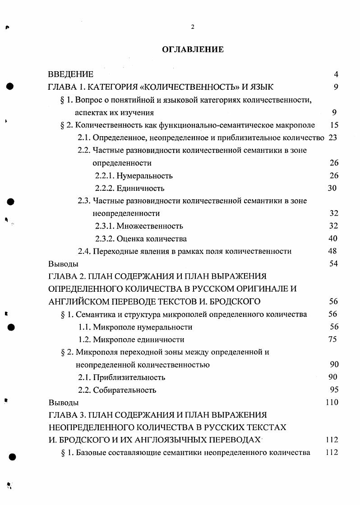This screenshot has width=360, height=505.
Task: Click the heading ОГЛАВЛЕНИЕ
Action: [193, 50]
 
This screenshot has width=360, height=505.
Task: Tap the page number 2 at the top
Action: [193, 27]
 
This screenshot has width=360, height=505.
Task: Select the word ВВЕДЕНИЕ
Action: [71, 74]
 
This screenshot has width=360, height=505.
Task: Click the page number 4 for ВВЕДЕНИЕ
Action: [336, 74]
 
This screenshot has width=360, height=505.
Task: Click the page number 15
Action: [334, 125]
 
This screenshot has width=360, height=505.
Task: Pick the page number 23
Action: [333, 138]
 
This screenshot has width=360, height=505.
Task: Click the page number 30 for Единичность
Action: [332, 188]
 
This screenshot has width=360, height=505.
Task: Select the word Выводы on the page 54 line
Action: [63, 264]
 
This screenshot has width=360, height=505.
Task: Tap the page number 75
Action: [333, 340]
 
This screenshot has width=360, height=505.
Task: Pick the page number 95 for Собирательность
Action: [333, 390]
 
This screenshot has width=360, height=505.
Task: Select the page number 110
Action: [332, 402]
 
